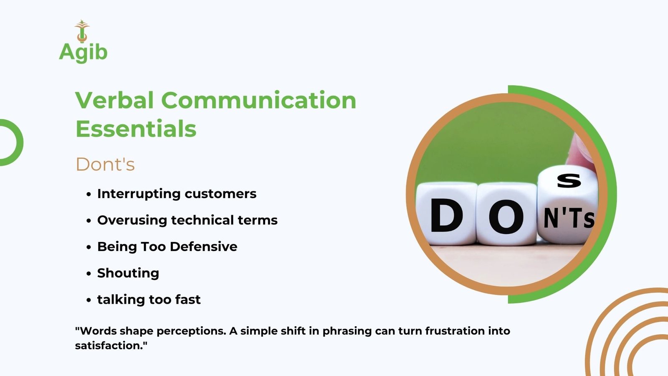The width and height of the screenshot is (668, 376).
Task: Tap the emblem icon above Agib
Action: (82, 31)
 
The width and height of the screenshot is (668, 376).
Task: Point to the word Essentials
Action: (136, 129)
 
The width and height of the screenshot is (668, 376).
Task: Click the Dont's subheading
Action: (105, 164)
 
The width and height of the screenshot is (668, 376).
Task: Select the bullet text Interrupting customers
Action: (177, 194)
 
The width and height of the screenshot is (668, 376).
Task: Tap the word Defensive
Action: (204, 246)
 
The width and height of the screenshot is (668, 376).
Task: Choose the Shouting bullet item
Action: (128, 273)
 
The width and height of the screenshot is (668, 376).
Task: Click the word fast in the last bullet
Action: (188, 299)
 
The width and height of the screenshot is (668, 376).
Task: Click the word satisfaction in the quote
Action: (109, 346)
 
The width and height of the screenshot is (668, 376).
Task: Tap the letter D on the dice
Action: (446, 216)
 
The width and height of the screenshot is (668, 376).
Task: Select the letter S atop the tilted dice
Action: (569, 181)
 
